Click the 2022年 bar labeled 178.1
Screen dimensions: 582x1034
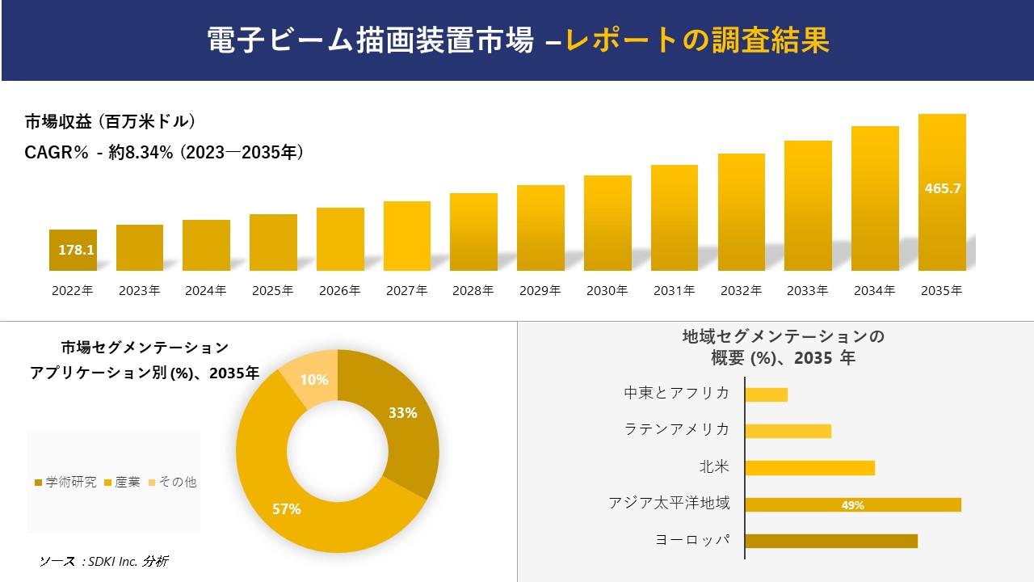point(73,250)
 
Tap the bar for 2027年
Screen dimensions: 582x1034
point(407,236)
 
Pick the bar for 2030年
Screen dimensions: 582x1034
point(607,223)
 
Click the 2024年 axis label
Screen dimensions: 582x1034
point(206,291)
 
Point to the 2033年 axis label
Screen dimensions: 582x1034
point(808,291)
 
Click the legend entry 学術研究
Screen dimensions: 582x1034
point(65,482)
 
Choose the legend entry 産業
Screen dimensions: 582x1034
point(123,482)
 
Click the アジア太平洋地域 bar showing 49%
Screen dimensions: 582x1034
point(853,504)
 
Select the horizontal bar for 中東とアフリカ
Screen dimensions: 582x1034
point(766,394)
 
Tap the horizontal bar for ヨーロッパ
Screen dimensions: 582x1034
point(831,541)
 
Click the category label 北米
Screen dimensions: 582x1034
point(714,467)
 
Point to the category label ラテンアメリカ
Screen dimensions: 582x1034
point(677,430)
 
